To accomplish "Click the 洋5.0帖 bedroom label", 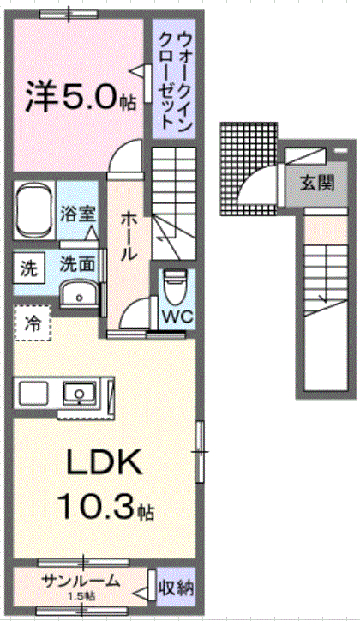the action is point(81,96).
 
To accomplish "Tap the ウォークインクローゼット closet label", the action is point(175,79).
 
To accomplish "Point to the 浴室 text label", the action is point(77,214).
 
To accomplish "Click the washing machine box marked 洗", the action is point(29,269).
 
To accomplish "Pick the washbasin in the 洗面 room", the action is point(79,293).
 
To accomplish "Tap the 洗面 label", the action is point(77,264).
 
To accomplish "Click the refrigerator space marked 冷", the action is point(33,323).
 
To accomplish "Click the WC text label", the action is point(178,316).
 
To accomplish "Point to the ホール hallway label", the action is point(129,236).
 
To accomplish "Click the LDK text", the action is point(104,462).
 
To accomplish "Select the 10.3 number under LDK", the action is point(97,507).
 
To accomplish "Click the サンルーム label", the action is point(81,581).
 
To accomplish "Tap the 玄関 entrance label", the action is point(317,184).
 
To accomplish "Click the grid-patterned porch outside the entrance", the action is point(249,169).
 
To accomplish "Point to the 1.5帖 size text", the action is point(81,595).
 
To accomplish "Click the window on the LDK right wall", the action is point(201,451).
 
